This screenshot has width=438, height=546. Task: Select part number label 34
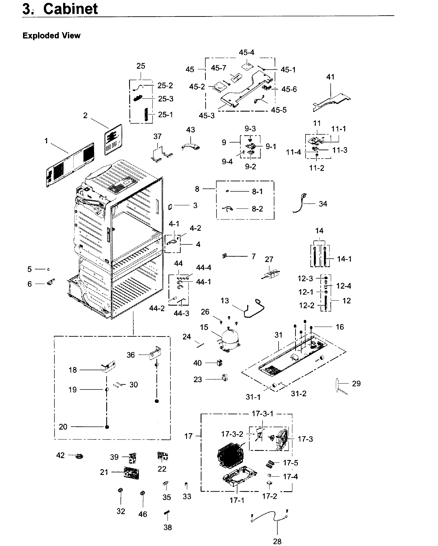coord(323,204)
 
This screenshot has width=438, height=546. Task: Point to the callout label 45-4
coord(246,52)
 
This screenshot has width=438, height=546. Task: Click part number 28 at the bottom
coord(277,541)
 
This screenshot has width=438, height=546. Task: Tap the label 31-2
coord(298,394)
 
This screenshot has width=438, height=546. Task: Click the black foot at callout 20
coord(107,427)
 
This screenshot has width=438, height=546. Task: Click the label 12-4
coord(343,286)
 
